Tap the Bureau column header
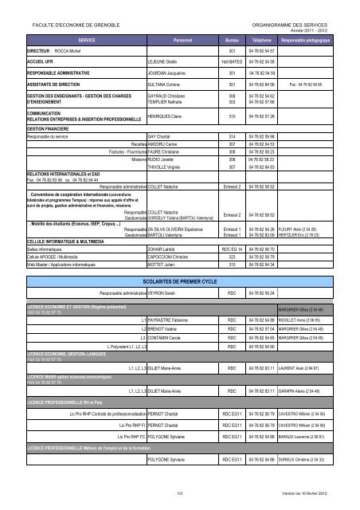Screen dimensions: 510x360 [232, 38]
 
